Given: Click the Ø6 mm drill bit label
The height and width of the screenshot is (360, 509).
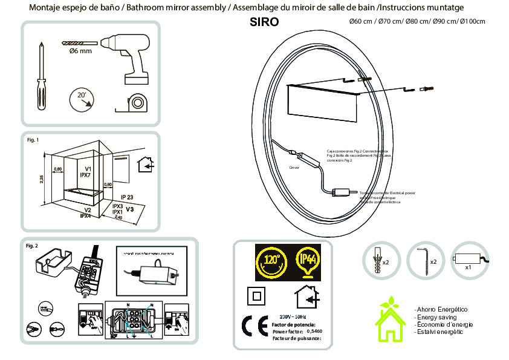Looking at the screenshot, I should tap(77, 52).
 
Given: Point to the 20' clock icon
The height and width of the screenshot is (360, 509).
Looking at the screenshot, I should tap(82, 98).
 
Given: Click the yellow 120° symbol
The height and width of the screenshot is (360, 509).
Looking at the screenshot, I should tap(270, 262).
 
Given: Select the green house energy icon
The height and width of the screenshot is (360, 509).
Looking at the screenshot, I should tap(391, 320).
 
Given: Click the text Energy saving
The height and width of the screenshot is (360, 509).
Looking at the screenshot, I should tap(436, 317).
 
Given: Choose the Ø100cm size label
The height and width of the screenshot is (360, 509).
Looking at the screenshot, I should tap(472, 22).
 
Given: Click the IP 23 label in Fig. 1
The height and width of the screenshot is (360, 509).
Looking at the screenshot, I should tap(127, 197).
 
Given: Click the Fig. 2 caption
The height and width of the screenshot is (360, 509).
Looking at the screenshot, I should tap(32, 246).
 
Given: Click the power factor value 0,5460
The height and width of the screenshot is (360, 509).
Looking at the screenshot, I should tap(314, 332).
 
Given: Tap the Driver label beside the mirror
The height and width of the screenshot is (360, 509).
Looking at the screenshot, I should tap(294, 167).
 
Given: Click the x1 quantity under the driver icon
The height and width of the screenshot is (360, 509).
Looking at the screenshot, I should tap(468, 267).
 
